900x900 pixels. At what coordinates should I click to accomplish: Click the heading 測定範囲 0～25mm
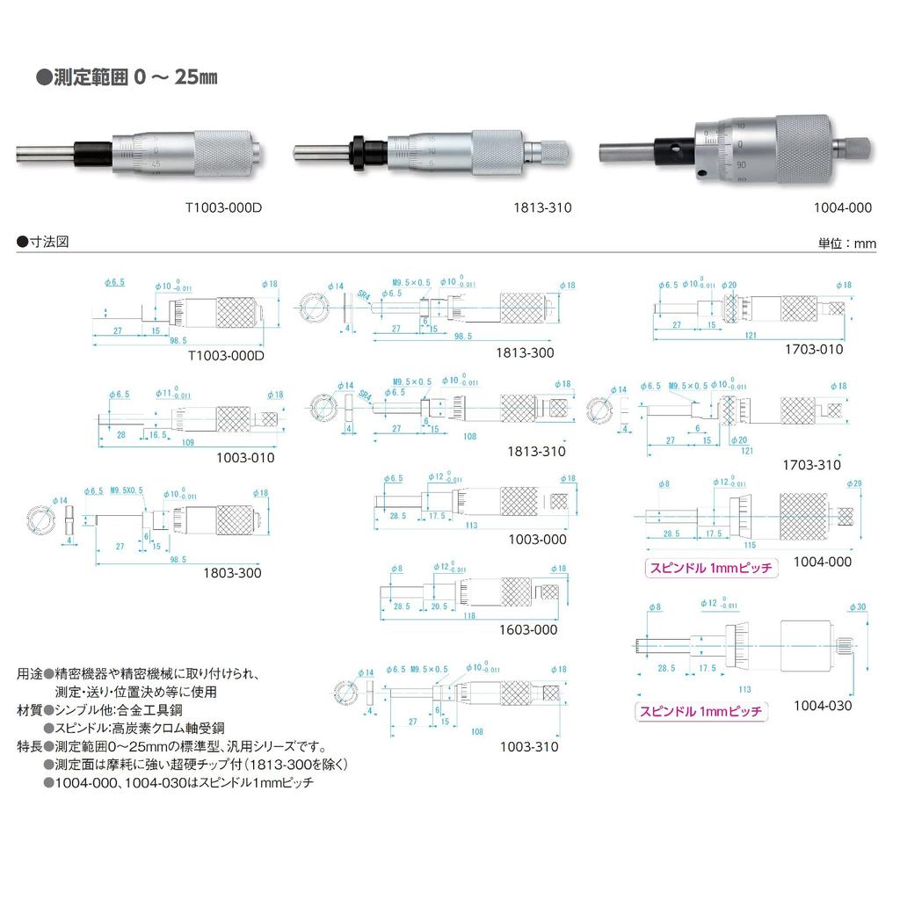127,77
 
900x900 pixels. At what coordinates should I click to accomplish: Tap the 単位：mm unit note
847,244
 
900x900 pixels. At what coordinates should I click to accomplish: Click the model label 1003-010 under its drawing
245,457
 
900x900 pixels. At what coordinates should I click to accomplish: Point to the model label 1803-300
233,573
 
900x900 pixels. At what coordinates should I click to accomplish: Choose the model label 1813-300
536,352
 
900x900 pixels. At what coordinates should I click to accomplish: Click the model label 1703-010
813,349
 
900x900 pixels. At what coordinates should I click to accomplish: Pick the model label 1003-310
528,747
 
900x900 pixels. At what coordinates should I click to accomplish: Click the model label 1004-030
822,705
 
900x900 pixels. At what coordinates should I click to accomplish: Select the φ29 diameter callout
854,483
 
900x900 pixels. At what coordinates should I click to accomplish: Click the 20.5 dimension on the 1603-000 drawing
440,606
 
